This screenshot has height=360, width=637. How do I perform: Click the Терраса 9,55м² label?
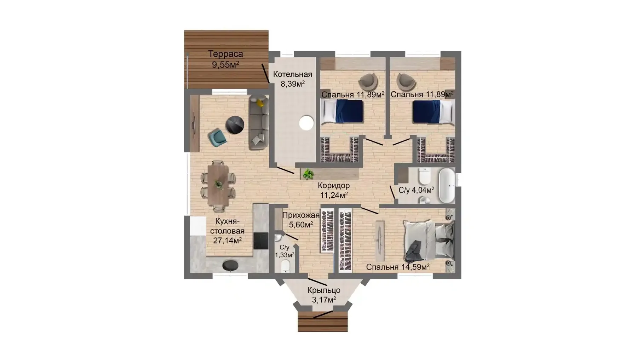(x=225, y=59)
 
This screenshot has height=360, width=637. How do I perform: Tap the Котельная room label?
(x=293, y=74)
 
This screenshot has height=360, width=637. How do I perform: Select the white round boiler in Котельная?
(x=306, y=123)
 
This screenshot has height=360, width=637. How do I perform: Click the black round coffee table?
(x=235, y=125)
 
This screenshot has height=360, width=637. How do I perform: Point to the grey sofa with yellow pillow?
(x=259, y=122)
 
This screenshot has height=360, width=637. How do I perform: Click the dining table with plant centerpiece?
(x=218, y=184)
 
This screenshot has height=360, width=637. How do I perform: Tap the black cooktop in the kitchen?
(x=261, y=241)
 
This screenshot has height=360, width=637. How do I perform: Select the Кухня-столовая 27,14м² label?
(x=227, y=231)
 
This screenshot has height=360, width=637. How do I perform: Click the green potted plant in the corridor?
(x=308, y=174)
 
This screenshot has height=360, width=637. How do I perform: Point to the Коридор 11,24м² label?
(x=334, y=190)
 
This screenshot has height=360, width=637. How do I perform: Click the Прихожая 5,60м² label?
(x=301, y=220)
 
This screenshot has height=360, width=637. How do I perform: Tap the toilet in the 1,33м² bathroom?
(x=285, y=266)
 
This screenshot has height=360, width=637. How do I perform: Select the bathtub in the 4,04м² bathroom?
(x=447, y=185)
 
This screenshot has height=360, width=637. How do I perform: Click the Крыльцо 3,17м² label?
(x=324, y=295)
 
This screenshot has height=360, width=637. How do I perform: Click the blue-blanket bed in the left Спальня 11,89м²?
(x=342, y=111)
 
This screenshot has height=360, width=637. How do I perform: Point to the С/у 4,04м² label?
(x=416, y=190)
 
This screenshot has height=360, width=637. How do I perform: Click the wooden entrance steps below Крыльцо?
(x=322, y=321)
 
